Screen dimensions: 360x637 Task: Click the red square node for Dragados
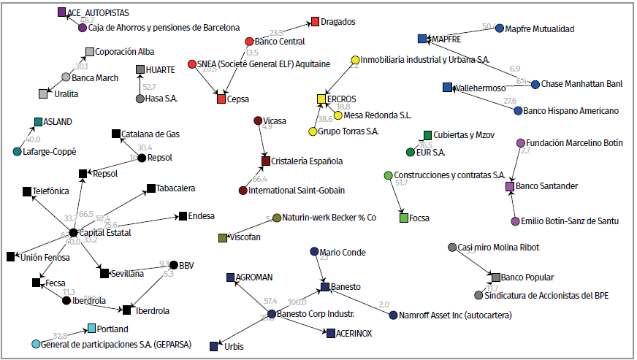click(x=315, y=21)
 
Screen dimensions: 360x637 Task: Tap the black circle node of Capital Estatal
click(x=73, y=233)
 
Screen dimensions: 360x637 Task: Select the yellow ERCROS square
click(x=321, y=99)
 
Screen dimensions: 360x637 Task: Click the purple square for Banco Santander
click(x=510, y=187)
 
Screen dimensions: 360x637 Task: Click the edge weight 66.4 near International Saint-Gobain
click(x=259, y=179)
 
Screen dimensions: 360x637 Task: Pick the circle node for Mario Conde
click(x=314, y=253)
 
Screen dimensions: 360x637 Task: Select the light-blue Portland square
click(x=91, y=329)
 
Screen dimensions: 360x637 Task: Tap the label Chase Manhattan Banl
click(x=583, y=85)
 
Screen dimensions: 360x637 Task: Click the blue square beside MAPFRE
click(x=422, y=38)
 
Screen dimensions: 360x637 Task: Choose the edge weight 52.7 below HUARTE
click(x=150, y=87)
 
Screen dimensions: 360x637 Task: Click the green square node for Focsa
click(x=403, y=218)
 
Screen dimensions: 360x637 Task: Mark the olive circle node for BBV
click(x=173, y=265)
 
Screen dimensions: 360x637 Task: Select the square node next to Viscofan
click(x=223, y=238)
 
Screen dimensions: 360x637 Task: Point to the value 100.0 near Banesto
click(x=297, y=302)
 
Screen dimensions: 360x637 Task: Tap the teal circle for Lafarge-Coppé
click(x=17, y=152)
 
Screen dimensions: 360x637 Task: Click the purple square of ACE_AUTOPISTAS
click(x=61, y=12)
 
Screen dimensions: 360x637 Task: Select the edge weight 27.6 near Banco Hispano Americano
click(x=509, y=101)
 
